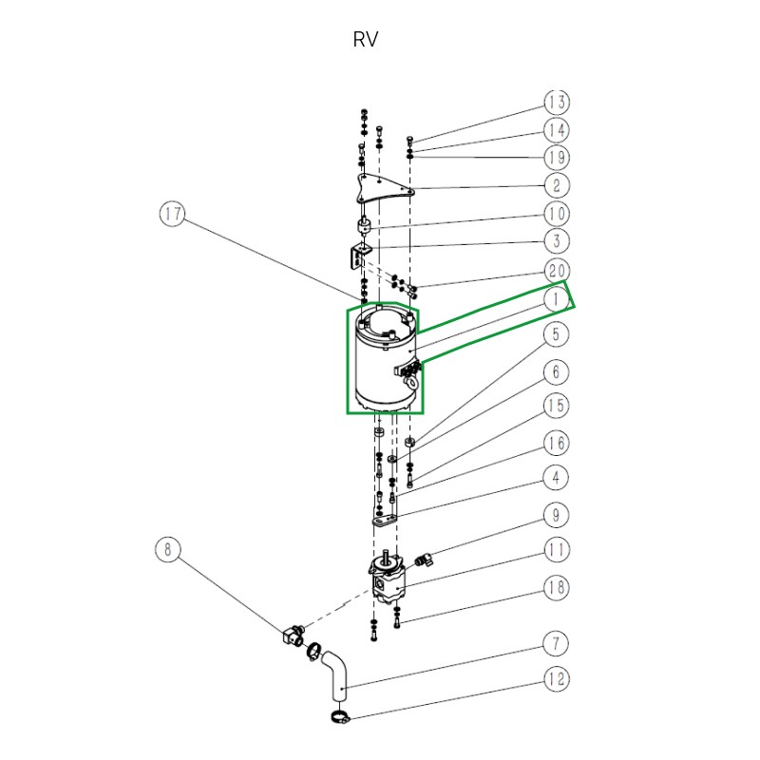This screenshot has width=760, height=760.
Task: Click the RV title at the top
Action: pos(366,40)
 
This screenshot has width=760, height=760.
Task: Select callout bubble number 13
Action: pos(557,103)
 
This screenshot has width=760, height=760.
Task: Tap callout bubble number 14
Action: pos(557,130)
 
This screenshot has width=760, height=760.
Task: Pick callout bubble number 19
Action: pos(557,157)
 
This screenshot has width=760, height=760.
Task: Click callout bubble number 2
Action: pos(557,185)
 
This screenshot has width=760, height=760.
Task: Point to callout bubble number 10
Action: pos(557,214)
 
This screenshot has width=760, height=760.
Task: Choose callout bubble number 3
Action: pos(557,241)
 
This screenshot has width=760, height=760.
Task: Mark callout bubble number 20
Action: pos(557,270)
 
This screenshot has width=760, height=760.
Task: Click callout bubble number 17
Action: pos(172,215)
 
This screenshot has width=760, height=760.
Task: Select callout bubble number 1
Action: pos(557,299)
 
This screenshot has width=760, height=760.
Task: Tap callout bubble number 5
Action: pos(557,334)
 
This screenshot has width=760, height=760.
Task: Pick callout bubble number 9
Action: pos(557,515)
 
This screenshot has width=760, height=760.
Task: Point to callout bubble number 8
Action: pos(167,549)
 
